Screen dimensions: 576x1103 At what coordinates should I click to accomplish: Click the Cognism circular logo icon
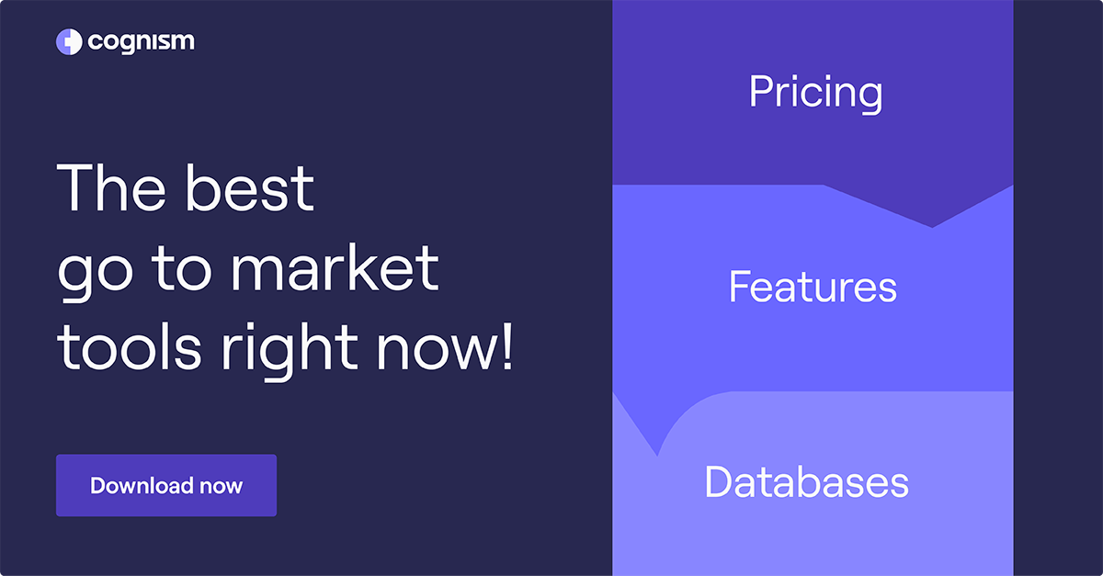70,42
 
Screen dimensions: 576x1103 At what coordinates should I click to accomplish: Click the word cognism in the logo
142,42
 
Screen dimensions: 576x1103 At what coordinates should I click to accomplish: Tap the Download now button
166,485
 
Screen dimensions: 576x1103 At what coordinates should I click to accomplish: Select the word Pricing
815,93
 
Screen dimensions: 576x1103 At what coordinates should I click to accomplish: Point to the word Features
813,288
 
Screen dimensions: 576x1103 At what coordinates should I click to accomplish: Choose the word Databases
806,482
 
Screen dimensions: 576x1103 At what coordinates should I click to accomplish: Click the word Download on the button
142,485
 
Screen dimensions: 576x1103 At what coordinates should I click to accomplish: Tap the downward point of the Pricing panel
932,224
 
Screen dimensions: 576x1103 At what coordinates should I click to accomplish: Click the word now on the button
222,486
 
